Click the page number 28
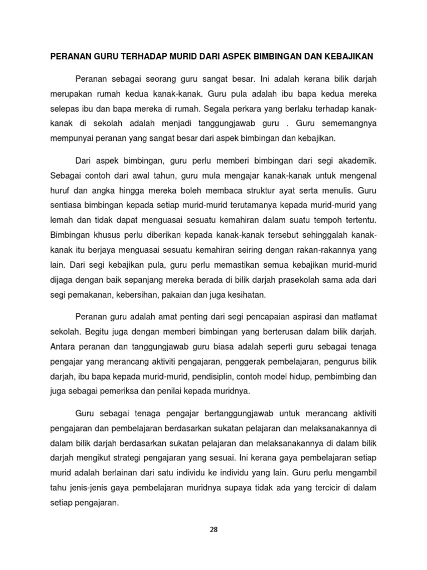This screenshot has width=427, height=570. [x=213, y=529]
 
